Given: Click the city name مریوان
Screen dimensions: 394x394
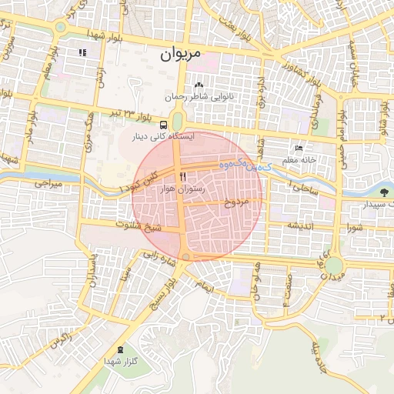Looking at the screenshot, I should click(181, 55).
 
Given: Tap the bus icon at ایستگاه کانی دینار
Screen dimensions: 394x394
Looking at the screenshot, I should click(163, 124).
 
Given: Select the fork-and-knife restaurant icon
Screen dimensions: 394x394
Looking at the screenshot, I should click(182, 176).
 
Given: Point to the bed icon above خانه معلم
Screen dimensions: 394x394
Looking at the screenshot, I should click(299, 148).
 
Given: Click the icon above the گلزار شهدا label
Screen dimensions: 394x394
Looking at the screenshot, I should click(120, 349).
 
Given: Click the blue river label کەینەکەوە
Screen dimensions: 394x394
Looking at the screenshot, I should click(238, 164).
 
